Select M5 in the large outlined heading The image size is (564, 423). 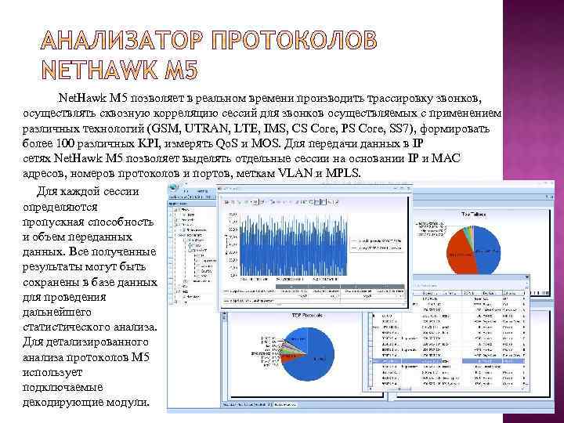point(183,70)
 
